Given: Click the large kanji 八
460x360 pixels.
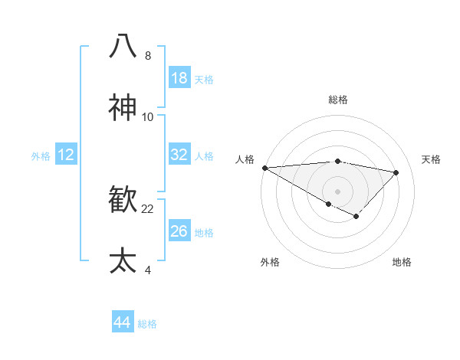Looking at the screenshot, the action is coord(123,45).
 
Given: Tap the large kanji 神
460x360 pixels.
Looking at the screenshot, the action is coord(123,107).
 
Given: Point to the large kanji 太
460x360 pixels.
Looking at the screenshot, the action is coord(123,260).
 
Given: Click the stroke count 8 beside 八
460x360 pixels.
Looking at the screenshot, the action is coord(147,56).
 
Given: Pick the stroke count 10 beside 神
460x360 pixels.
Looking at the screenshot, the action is coord(148,117).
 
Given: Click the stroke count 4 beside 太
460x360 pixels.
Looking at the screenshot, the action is coord(147,270).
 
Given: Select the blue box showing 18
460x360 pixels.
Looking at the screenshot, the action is coord(179,78).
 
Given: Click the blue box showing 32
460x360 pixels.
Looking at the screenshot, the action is coord(179,155).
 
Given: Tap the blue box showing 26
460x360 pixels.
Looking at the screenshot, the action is coord(179,231).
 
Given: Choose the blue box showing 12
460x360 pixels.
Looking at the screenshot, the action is coord(65,155).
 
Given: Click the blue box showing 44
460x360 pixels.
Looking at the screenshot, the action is coord(122,322).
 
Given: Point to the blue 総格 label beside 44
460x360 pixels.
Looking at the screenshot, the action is coord(147,324).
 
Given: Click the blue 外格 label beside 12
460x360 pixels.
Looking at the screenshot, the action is coord(41,156).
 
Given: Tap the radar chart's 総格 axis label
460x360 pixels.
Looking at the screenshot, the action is coord(337,100).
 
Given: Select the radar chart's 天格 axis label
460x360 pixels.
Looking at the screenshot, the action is coord(431,159).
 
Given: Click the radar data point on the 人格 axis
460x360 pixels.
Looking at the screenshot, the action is coord(264,168).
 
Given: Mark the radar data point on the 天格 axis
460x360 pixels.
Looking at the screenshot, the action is coord(396,172).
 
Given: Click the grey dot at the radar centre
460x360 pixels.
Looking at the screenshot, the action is coord(337,191).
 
